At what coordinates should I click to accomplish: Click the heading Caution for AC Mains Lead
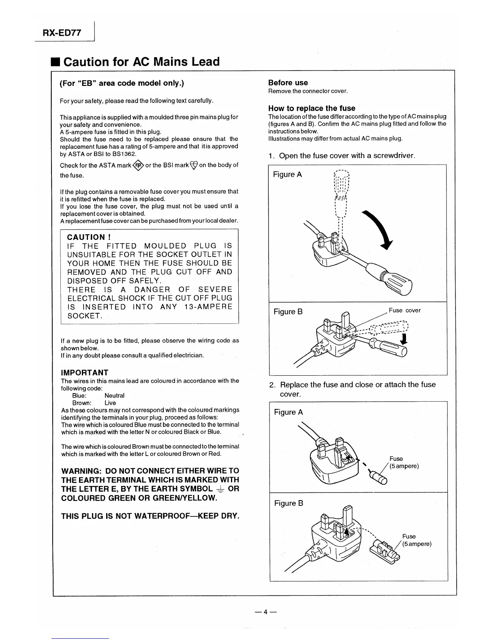(x=141, y=62)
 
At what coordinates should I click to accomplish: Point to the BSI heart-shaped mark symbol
(x=194, y=165)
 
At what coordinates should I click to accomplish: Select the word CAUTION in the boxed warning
(x=86, y=237)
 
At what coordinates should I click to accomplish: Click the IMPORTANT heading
(x=84, y=372)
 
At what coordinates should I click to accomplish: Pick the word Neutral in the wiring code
(x=114, y=396)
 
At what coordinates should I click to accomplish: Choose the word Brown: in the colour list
(x=82, y=403)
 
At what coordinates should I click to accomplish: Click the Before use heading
(x=288, y=83)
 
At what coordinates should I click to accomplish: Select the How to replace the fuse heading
(x=311, y=108)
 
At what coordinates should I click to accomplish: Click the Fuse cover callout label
(x=404, y=310)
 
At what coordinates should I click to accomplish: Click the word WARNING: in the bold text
(x=81, y=471)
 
